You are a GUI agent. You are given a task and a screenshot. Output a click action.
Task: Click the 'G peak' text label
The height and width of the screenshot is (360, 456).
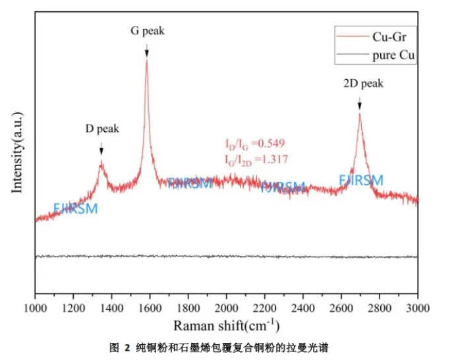pos(147,30)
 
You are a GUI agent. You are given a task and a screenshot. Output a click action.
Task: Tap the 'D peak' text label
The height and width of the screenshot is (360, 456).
pos(102,129)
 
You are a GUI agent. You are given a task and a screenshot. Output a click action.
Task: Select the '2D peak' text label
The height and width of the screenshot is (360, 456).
pos(362,84)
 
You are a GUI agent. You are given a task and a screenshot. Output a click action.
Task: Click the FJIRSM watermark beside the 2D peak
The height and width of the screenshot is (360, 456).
pos(361,180)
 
